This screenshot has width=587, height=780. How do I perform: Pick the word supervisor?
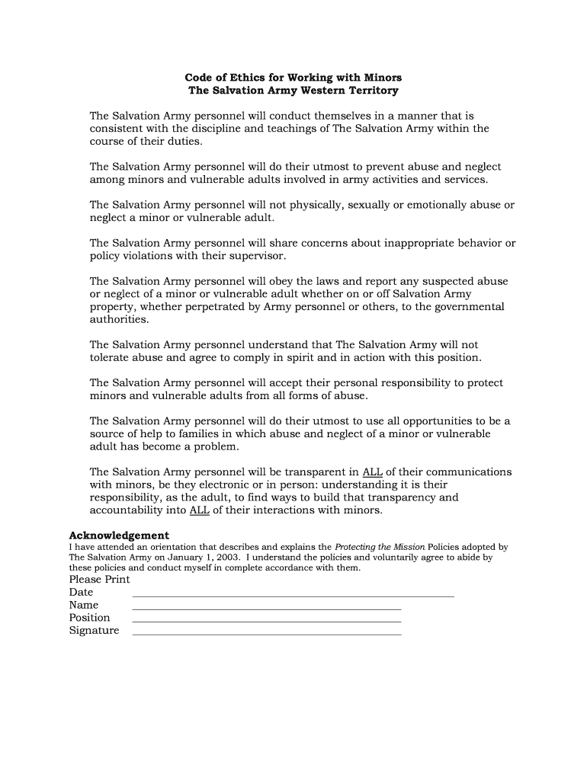(257, 256)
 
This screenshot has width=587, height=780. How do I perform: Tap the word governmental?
(468, 307)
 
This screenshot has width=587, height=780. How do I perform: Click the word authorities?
(119, 320)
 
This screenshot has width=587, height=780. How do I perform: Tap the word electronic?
(229, 484)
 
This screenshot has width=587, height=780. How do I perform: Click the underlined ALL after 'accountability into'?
(199, 510)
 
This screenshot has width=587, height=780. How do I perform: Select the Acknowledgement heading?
(119, 535)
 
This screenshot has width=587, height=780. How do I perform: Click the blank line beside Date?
(293, 596)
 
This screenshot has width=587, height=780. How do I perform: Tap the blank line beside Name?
(266, 609)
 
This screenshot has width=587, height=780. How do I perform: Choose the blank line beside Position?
(266, 622)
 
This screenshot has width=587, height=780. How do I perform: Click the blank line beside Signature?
(266, 635)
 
